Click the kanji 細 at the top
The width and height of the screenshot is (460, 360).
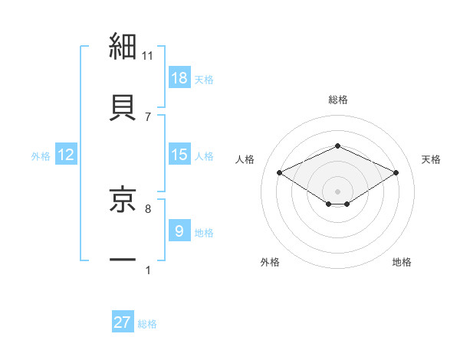123,46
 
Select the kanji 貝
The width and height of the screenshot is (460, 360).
123,107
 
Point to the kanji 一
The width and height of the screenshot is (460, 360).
123,260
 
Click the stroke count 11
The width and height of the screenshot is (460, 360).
148,55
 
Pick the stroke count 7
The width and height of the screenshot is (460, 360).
148,116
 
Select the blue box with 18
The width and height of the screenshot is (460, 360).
179,78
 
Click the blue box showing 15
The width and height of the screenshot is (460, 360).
179,155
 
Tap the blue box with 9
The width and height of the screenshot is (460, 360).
179,231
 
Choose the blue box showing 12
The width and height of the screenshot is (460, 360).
66,155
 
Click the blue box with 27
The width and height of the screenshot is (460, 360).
123,322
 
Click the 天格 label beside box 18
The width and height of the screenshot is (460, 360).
204,79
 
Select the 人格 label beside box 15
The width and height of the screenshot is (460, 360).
204,155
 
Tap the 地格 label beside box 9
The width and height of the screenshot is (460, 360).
204,232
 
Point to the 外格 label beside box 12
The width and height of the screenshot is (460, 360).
41,155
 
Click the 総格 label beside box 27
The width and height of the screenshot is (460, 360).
147,323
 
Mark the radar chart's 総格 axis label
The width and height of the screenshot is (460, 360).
338,100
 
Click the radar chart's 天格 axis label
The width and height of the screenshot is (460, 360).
431,159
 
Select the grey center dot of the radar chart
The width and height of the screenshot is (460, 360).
337,191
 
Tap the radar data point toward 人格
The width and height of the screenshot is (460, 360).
280,172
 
